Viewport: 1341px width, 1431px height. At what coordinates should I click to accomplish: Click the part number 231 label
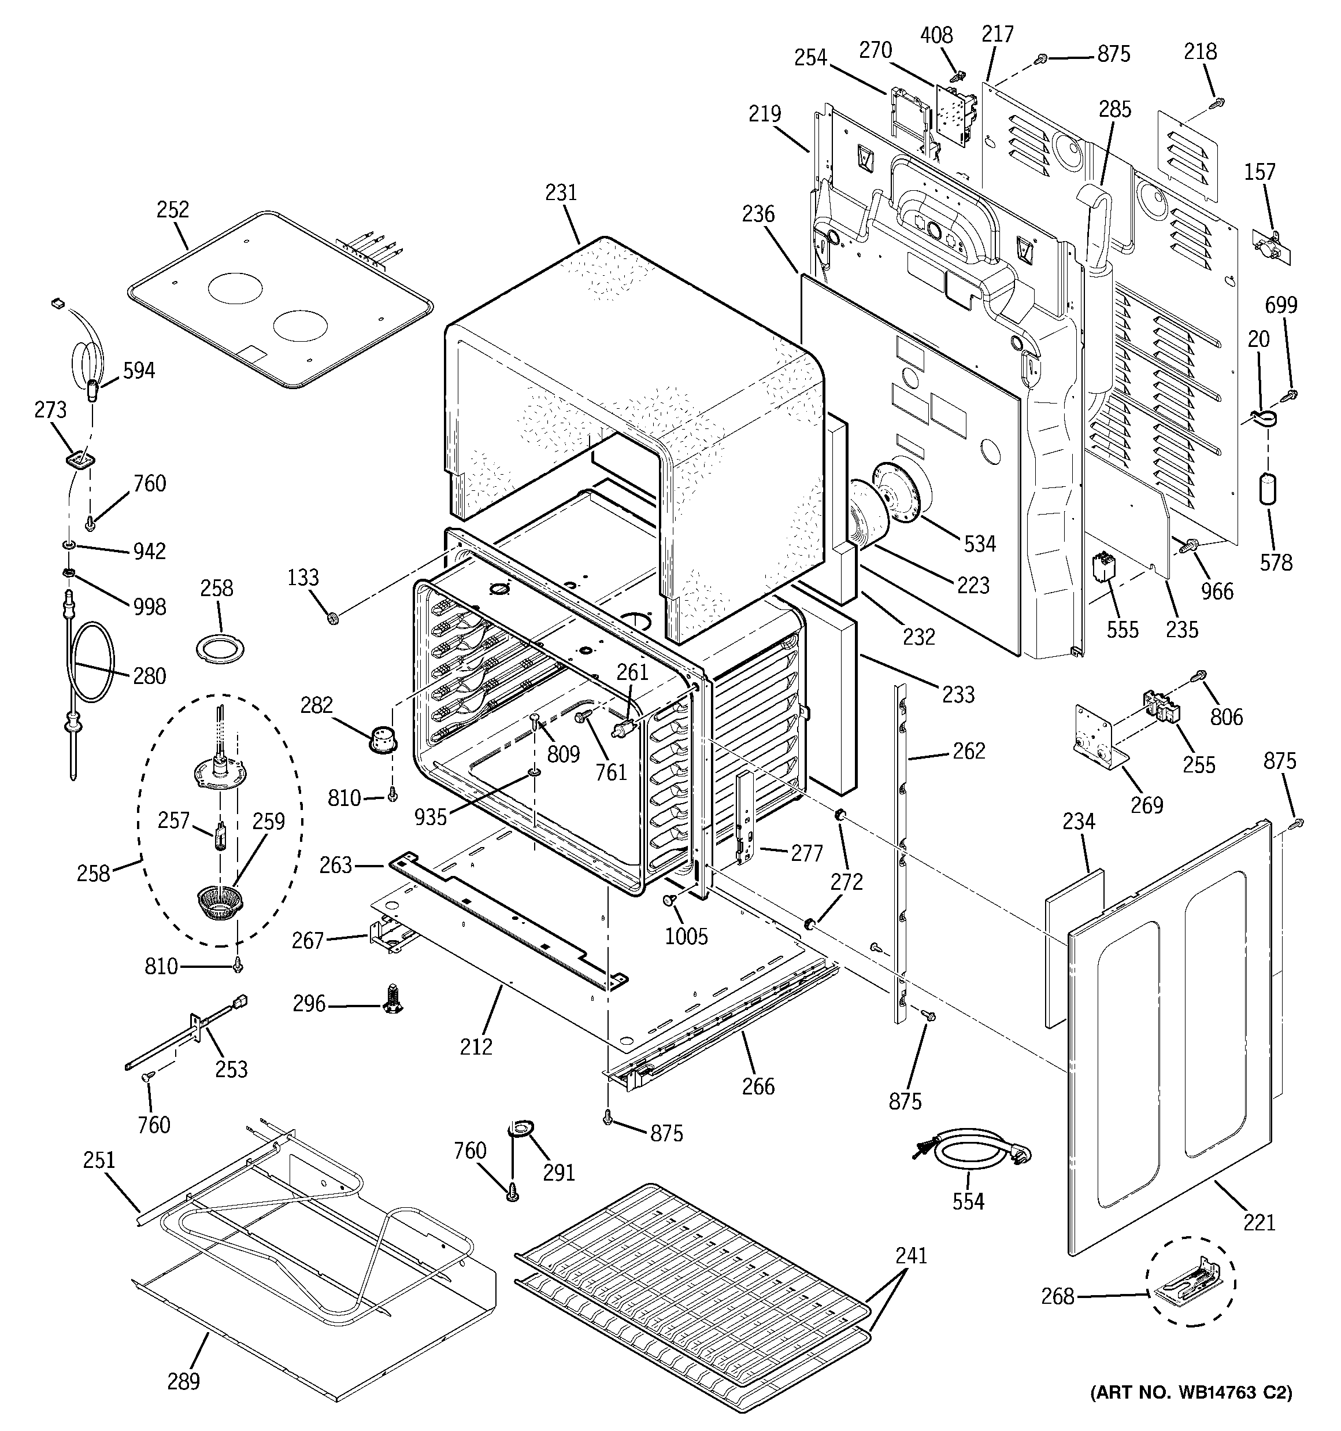pyautogui.click(x=561, y=193)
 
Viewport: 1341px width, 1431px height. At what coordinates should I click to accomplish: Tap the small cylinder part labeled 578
pyautogui.click(x=1268, y=489)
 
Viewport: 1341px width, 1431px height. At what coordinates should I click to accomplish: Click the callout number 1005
pyautogui.click(x=686, y=937)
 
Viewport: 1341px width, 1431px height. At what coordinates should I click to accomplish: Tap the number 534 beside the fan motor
pyautogui.click(x=980, y=543)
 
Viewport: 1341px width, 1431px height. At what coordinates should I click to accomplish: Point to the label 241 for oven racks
pyautogui.click(x=910, y=1255)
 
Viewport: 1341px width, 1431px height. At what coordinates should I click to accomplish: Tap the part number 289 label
pyautogui.click(x=184, y=1381)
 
